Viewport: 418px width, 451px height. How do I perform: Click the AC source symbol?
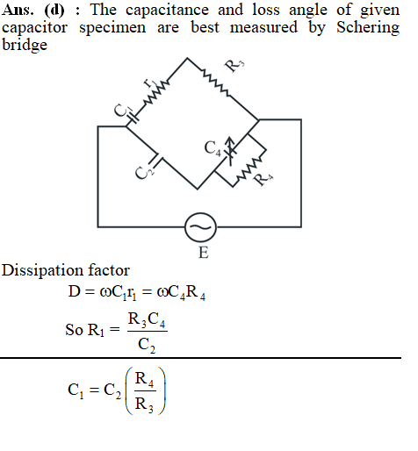[x=200, y=227]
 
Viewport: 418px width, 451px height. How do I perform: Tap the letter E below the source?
[x=204, y=253]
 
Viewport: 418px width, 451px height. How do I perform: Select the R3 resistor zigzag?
[x=216, y=82]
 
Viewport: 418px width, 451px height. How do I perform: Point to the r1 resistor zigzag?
[x=156, y=93]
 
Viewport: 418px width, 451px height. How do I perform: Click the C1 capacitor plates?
[x=133, y=117]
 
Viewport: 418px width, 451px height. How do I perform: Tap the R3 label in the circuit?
[x=234, y=66]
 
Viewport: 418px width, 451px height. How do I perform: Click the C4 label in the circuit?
[x=213, y=148]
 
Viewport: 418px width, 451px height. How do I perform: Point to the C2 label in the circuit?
[x=144, y=172]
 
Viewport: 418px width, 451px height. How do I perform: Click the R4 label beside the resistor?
[x=263, y=179]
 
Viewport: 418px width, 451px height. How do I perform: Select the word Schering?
[x=368, y=28]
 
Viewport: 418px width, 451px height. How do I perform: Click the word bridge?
[x=25, y=46]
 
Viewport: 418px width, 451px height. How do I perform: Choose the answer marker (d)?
[x=54, y=11]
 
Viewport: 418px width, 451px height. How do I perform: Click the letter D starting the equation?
[x=74, y=291]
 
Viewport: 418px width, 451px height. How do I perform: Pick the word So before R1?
[x=74, y=330]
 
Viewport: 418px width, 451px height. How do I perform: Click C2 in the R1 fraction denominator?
[x=147, y=345]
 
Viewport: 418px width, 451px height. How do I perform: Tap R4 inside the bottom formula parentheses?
[x=145, y=379]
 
